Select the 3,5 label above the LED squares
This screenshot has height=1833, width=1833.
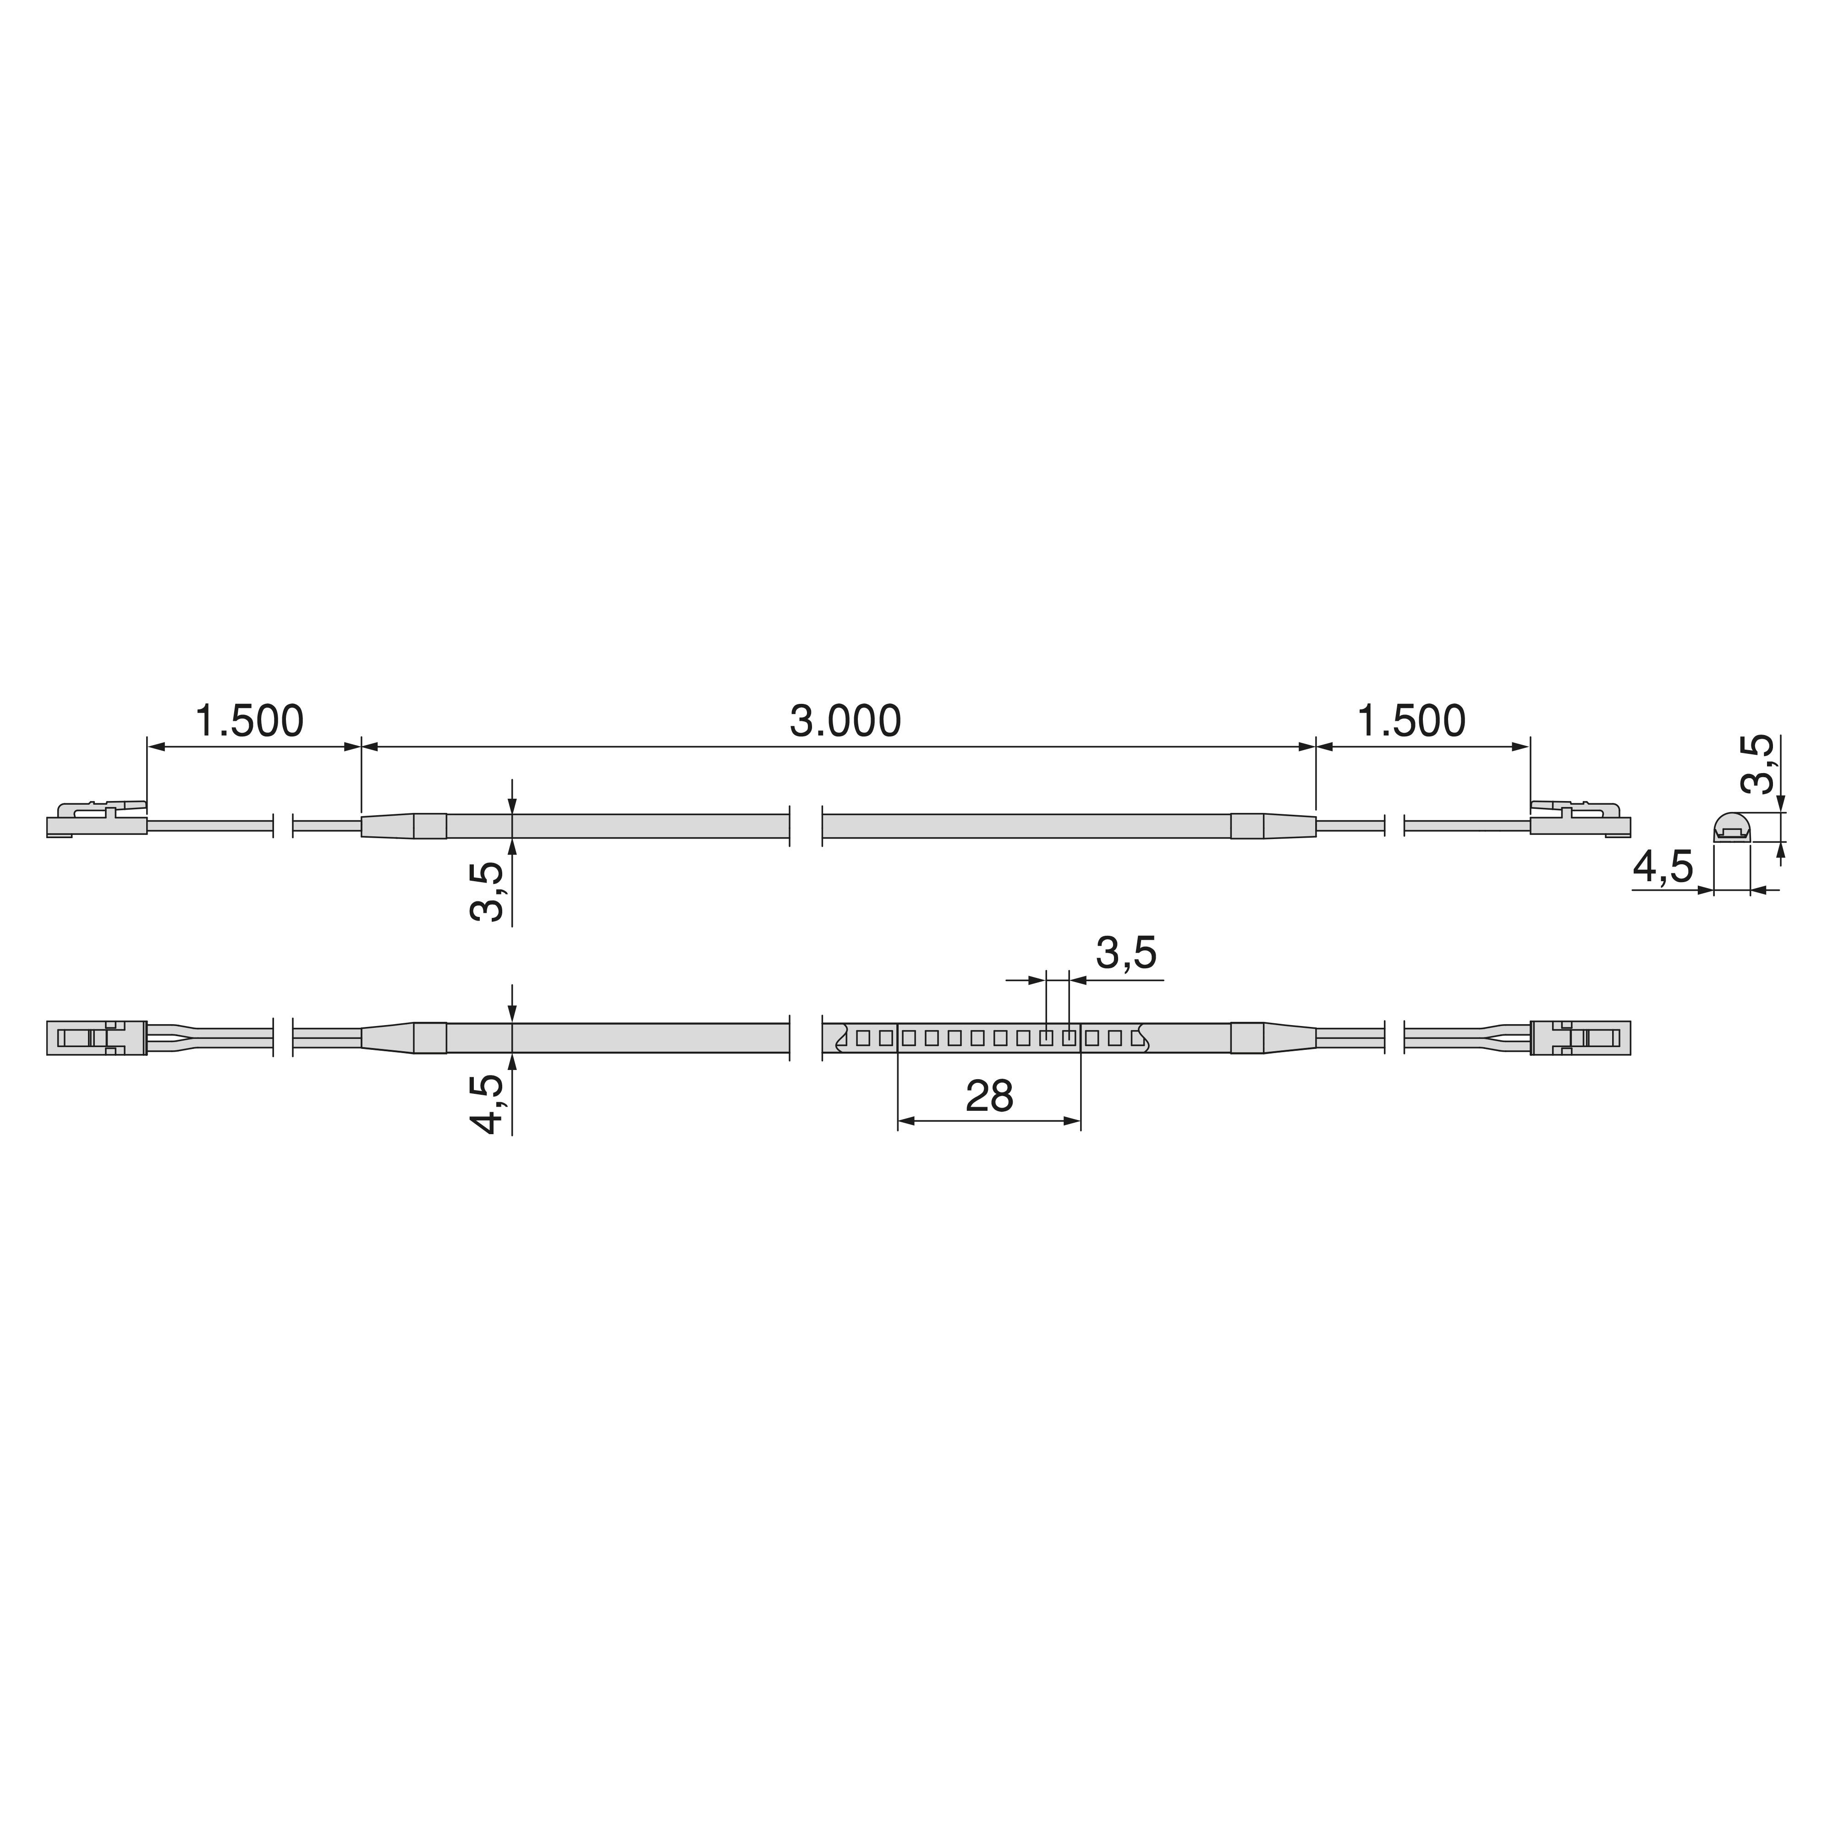pyautogui.click(x=1126, y=953)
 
